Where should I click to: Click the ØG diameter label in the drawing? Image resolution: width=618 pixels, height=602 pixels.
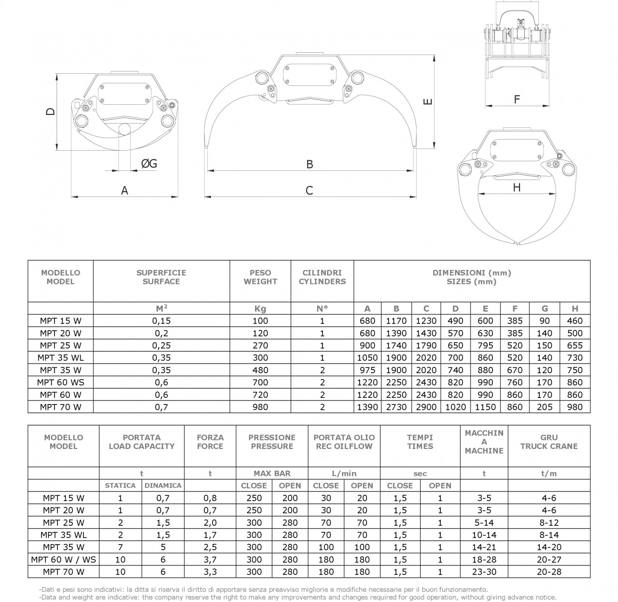coord(149,164)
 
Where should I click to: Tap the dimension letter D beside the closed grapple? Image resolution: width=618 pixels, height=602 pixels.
coord(51,112)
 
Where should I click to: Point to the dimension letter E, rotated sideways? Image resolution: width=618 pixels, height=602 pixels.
coord(428,101)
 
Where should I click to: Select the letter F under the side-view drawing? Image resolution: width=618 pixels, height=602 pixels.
coord(517,99)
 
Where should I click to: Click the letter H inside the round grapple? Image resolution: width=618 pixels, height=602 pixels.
coord(517,187)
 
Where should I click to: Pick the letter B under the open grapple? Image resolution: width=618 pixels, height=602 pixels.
coord(309,164)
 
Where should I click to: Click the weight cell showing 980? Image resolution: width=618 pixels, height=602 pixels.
coord(260,407)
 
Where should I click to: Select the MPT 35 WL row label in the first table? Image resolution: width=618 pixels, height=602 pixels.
coord(61,358)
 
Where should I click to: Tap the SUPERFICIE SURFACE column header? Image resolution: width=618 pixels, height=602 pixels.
coord(161,277)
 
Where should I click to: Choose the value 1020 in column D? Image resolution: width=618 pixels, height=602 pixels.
coord(455,407)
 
